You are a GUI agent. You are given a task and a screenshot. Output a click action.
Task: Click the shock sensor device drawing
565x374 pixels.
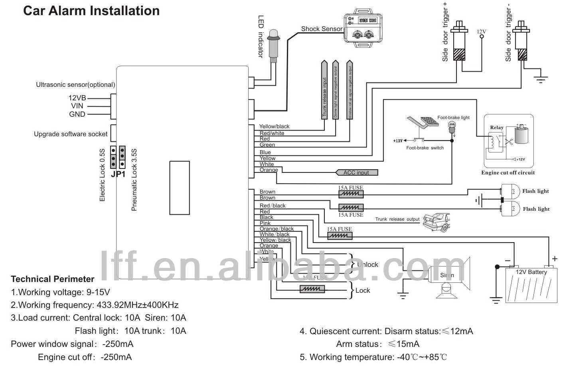pyautogui.click(x=363, y=30)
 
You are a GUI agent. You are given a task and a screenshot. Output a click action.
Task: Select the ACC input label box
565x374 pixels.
pyautogui.click(x=356, y=172)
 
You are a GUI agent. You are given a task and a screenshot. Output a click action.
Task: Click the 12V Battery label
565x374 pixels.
pyautogui.click(x=531, y=272)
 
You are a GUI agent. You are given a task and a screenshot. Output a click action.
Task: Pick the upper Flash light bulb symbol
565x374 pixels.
pyautogui.click(x=510, y=191)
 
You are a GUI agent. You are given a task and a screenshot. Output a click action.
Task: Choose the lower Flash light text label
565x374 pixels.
pyautogui.click(x=536, y=209)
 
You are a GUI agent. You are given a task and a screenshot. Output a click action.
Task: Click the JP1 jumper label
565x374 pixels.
pyautogui.click(x=118, y=174)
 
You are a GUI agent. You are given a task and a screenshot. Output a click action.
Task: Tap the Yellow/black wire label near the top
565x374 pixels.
pyautogui.click(x=274, y=127)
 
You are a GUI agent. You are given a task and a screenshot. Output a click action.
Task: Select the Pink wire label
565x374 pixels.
pyautogui.click(x=265, y=223)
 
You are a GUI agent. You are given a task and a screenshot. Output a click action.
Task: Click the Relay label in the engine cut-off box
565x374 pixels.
pyautogui.click(x=497, y=127)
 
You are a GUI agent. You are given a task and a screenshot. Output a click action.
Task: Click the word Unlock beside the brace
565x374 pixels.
pyautogui.click(x=367, y=264)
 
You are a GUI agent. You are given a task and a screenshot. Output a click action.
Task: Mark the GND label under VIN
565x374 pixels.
pyautogui.click(x=77, y=114)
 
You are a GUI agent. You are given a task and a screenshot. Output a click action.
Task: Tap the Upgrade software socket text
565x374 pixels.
pyautogui.click(x=71, y=134)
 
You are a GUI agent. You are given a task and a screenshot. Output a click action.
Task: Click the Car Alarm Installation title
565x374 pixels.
pyautogui.click(x=91, y=11)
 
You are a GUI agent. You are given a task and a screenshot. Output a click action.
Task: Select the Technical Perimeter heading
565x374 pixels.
pyautogui.click(x=53, y=279)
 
